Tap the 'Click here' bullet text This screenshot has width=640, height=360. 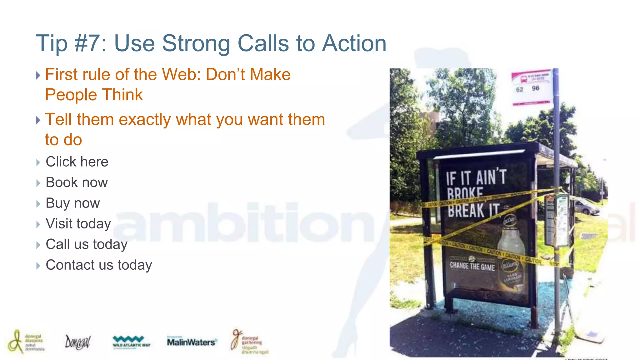pyautogui.click(x=77, y=162)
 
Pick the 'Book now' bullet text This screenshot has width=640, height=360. pyautogui.click(x=77, y=182)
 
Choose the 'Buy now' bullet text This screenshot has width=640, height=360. pyautogui.click(x=72, y=203)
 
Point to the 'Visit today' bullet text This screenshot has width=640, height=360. pyautogui.click(x=78, y=224)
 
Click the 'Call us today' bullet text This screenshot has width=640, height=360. pyautogui.click(x=87, y=244)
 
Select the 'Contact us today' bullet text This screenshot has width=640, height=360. pyautogui.click(x=99, y=265)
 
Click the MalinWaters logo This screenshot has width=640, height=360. pyautogui.click(x=192, y=342)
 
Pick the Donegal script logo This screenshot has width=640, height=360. pyautogui.click(x=77, y=342)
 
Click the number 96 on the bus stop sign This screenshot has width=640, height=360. pyautogui.click(x=536, y=88)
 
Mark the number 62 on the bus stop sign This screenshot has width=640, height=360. pyautogui.click(x=519, y=90)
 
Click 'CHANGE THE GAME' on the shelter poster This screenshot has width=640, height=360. pyautogui.click(x=472, y=266)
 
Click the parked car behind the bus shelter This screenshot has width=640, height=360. pyautogui.click(x=586, y=207)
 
